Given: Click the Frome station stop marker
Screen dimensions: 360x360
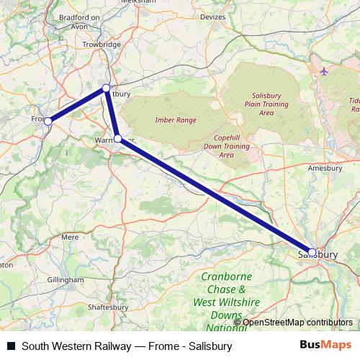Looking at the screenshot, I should click(48, 122).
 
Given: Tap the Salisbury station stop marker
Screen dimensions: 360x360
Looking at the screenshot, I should click(312, 252).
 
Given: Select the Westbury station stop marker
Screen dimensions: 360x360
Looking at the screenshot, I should click(106, 88).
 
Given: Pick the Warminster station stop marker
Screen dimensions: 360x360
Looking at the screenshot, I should click(117, 138).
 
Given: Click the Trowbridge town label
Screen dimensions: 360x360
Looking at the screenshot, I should click(100, 45).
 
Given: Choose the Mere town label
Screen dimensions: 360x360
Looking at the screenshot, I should click(70, 236).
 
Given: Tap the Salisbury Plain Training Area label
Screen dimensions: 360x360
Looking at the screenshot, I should click(271, 104).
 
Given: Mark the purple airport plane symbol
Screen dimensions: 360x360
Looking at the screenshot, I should click(323, 71).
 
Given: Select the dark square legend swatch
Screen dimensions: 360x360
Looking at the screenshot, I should click(11, 346).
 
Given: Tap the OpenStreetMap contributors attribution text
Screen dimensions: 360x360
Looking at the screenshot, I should click(297, 323).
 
